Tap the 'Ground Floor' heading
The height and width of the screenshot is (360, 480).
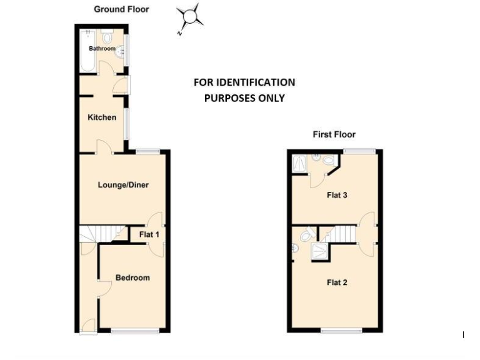(121, 9)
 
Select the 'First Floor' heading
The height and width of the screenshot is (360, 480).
(334, 134)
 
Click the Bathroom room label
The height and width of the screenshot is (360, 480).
(102, 49)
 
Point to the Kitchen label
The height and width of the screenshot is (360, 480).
(102, 117)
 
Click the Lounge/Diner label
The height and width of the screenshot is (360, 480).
(123, 185)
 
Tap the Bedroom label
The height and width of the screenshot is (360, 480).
(132, 277)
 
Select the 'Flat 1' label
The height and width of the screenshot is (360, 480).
(149, 234)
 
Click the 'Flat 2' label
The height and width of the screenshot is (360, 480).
(337, 282)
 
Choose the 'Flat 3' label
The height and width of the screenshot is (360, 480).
(337, 195)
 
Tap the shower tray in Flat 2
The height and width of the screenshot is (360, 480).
(320, 251)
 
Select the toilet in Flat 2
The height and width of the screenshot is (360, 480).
(306, 236)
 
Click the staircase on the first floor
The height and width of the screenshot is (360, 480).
(341, 234)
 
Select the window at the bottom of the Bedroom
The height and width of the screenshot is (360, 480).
(135, 331)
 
